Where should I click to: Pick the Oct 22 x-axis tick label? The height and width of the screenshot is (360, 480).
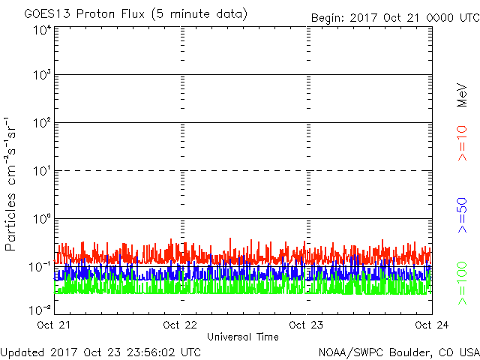[x=180, y=325]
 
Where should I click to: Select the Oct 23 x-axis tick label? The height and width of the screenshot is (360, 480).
[x=306, y=325]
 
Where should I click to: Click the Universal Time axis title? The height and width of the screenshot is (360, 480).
[x=242, y=337]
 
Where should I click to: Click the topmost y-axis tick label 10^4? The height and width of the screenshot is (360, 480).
[x=40, y=29]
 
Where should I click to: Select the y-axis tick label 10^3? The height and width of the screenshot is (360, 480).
[x=40, y=75]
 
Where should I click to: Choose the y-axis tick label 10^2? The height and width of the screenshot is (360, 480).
[x=40, y=123]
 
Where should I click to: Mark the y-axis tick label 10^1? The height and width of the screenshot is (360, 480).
[x=40, y=171]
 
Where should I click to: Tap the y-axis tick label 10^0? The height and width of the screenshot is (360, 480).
[x=40, y=219]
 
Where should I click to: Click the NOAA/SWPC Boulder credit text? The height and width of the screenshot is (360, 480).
[x=397, y=352]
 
